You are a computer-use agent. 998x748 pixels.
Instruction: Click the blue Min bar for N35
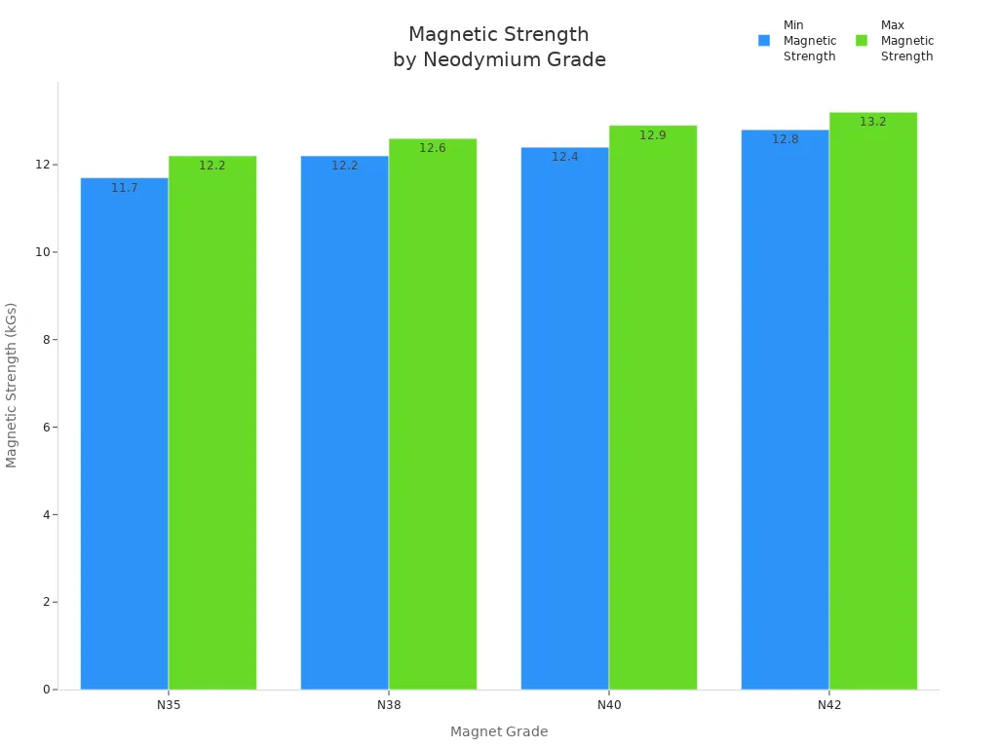[124, 433]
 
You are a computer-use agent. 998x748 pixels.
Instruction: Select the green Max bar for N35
[212, 423]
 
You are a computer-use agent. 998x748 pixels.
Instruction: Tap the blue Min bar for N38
[344, 423]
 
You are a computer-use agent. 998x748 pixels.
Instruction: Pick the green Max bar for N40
[653, 407]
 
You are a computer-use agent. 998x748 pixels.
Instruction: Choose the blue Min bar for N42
[785, 409]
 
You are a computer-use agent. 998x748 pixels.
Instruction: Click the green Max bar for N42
[873, 400]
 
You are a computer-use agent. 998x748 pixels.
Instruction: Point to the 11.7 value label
[124, 188]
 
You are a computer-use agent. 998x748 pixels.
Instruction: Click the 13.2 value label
[873, 122]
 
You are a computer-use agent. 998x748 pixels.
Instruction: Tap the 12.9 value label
[653, 135]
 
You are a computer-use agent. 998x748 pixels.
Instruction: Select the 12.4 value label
[565, 157]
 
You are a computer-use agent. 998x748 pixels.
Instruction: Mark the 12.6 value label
[433, 148]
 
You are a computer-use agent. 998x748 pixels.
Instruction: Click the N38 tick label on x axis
[389, 704]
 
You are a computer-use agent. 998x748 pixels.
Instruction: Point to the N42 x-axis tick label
[829, 704]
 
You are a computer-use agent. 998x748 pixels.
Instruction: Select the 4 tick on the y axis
[46, 514]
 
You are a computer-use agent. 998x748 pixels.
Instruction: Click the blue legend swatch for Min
[764, 41]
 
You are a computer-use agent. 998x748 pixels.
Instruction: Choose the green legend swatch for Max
[862, 41]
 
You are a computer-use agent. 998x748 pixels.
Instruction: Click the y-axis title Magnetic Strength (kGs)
[12, 385]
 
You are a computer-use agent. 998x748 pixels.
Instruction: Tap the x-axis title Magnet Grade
[499, 731]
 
